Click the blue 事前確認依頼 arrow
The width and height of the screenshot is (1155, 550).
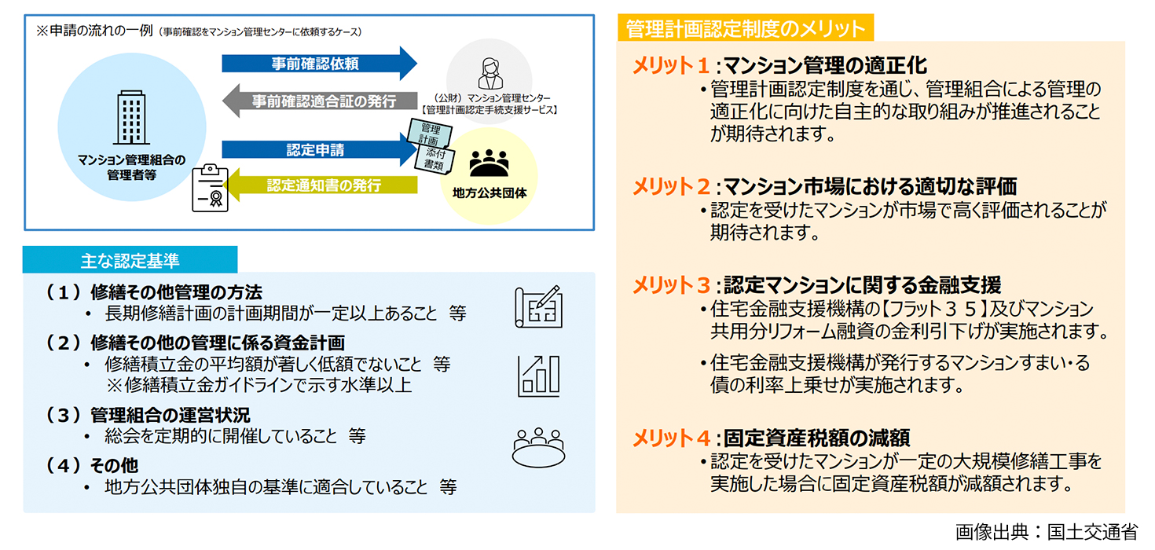[x=318, y=64]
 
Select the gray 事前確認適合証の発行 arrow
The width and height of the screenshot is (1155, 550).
[x=318, y=101]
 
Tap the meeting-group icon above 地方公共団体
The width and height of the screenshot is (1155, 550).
[x=489, y=163]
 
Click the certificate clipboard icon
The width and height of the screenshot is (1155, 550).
[x=210, y=188]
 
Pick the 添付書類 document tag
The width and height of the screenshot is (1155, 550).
[x=434, y=159]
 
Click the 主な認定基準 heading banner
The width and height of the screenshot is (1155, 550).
[x=130, y=259]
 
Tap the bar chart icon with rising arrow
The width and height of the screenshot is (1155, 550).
[x=539, y=376]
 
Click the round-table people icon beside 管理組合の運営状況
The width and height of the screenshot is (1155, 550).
[x=539, y=447]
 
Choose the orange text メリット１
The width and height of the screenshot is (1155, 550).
[x=673, y=65]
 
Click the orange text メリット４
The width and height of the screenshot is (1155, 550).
[x=673, y=438]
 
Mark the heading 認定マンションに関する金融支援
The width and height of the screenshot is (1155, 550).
[x=862, y=284]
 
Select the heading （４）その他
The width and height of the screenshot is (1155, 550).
[x=93, y=465]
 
